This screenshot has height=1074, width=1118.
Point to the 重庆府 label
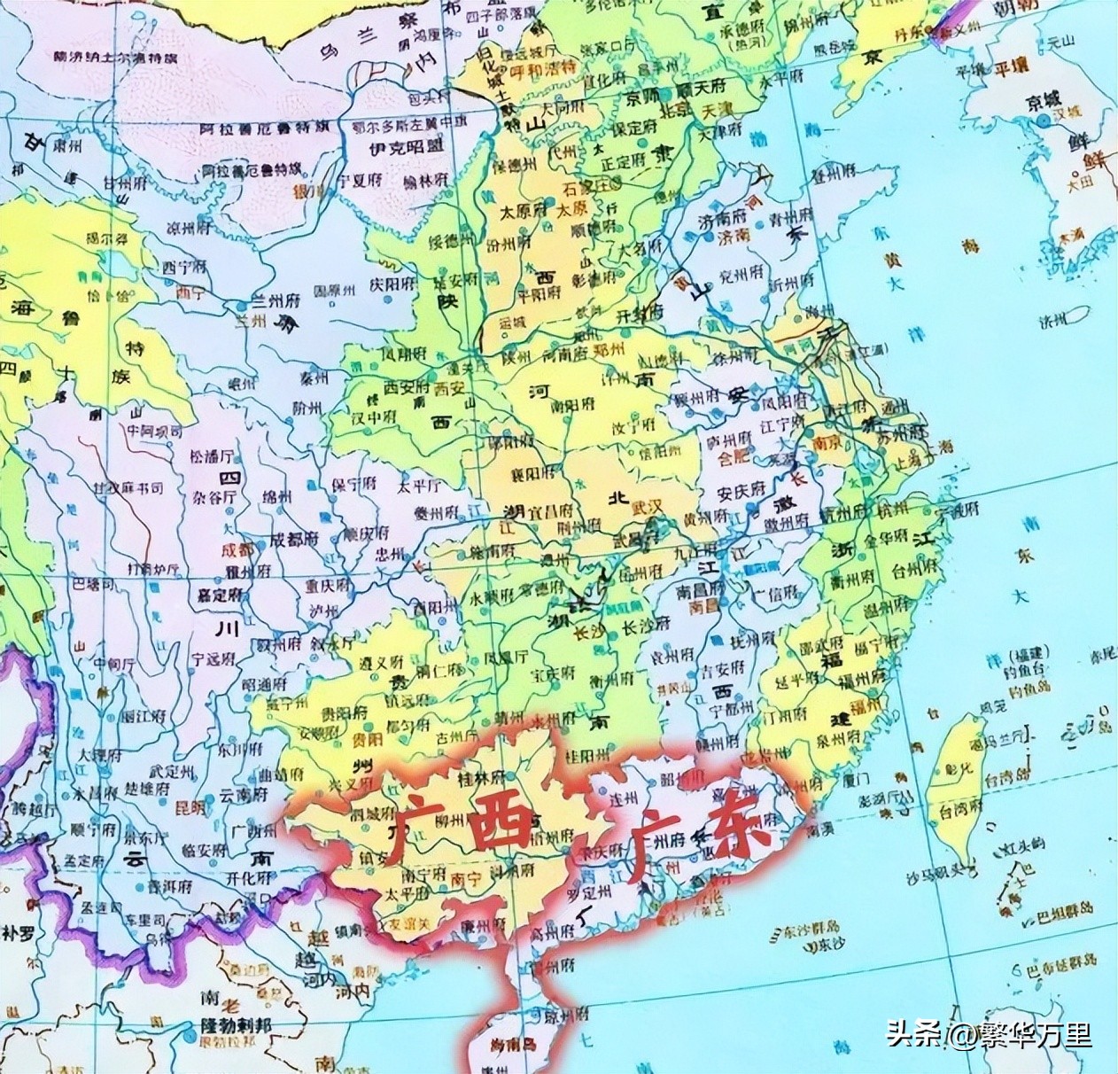coord(330,587)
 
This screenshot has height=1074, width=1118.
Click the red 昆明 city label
coord(190,808)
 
